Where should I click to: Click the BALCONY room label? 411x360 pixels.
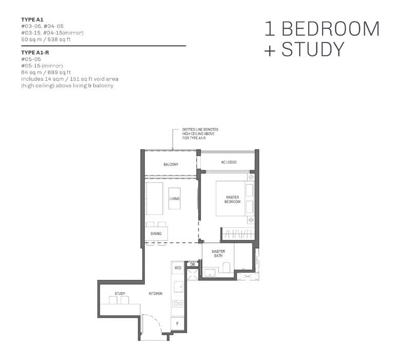click(171, 165)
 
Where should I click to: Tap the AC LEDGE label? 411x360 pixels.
click(229, 162)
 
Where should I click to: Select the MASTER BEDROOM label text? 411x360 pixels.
click(232, 200)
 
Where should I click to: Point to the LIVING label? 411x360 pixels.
click(174, 199)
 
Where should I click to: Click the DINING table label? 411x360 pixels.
click(156, 233)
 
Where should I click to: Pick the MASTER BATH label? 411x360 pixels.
click(218, 254)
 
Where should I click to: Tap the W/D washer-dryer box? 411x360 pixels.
click(178, 267)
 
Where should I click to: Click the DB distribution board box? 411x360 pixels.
click(192, 264)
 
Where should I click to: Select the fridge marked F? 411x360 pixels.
click(177, 324)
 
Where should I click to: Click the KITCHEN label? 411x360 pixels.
click(156, 293)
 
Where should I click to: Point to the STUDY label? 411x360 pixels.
click(120, 293)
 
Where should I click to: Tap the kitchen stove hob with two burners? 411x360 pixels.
click(178, 303)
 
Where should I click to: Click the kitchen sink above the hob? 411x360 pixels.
click(178, 286)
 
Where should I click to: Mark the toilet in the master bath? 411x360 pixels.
click(226, 267)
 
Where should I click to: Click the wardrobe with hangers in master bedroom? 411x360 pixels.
click(238, 233)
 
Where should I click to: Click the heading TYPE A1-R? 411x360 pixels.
click(35, 52)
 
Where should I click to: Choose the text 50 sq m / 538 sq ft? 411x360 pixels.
click(46, 40)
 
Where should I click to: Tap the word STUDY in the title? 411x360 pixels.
click(313, 49)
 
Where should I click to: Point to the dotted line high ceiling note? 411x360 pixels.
click(200, 134)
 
